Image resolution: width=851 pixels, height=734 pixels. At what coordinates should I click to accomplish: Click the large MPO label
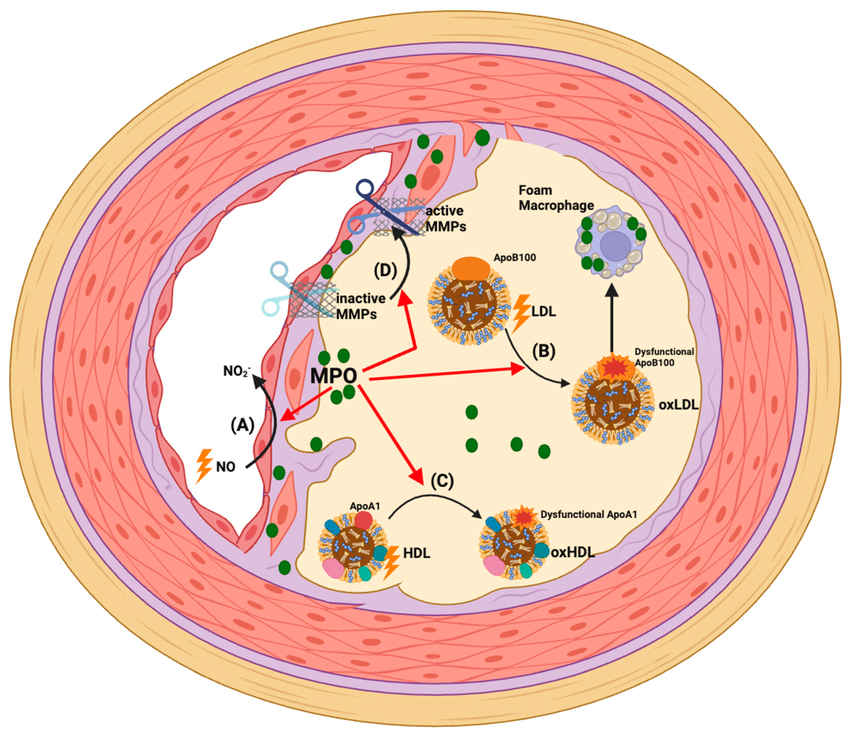[334, 375]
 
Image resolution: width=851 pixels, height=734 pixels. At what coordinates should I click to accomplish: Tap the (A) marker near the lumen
[242, 425]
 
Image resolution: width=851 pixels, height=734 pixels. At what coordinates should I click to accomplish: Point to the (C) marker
[442, 480]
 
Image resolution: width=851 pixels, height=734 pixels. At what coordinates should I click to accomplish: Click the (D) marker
[385, 271]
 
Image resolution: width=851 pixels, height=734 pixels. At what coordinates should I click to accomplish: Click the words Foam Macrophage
[556, 198]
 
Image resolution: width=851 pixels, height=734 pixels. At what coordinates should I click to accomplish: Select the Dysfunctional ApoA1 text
[588, 514]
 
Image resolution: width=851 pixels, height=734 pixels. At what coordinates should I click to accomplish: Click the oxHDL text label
[572, 552]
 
